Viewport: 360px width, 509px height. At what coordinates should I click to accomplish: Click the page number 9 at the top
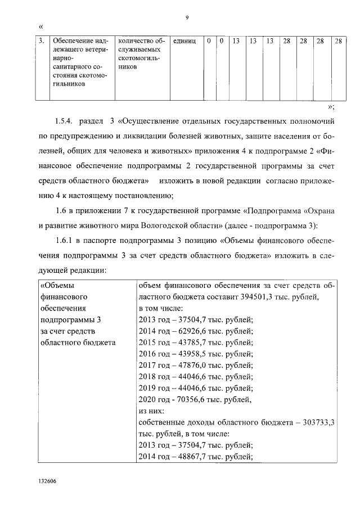click(186, 17)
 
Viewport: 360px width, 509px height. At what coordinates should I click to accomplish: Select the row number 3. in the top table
click(42, 41)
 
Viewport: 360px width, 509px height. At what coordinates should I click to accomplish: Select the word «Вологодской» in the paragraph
click(175, 226)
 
